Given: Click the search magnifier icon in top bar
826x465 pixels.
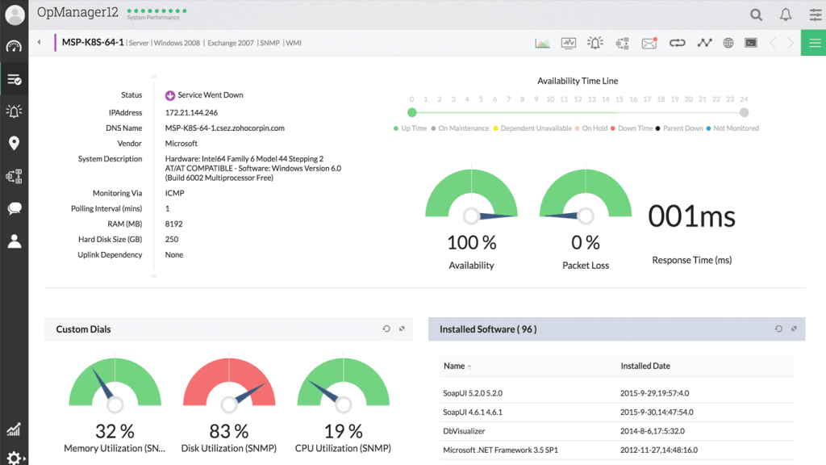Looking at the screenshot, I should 756,15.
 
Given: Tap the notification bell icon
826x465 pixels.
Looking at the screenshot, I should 785,15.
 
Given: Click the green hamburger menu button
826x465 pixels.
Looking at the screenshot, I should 813,43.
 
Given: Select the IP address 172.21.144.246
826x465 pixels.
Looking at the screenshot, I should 191,113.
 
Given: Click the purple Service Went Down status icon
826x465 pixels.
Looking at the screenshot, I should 170,95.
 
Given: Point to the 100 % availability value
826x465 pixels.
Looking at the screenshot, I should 471,242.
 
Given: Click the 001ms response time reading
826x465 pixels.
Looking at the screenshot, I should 691,216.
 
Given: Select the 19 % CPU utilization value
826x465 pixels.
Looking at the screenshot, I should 344,431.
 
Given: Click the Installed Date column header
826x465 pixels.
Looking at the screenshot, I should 645,366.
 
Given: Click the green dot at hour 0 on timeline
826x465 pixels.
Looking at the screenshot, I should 412,113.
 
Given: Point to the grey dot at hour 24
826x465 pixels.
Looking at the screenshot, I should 744,113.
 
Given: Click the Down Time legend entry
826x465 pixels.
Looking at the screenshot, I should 634,128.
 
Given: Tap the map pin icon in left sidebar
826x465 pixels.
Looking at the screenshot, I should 14,144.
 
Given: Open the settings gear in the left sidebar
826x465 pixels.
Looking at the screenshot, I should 14,457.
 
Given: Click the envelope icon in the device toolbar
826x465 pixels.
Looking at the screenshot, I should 649,43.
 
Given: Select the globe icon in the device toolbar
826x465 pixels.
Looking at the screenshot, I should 728,43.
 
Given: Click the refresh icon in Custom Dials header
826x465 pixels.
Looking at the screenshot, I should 386,329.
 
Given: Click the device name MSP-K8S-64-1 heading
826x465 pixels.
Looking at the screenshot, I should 93,43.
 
